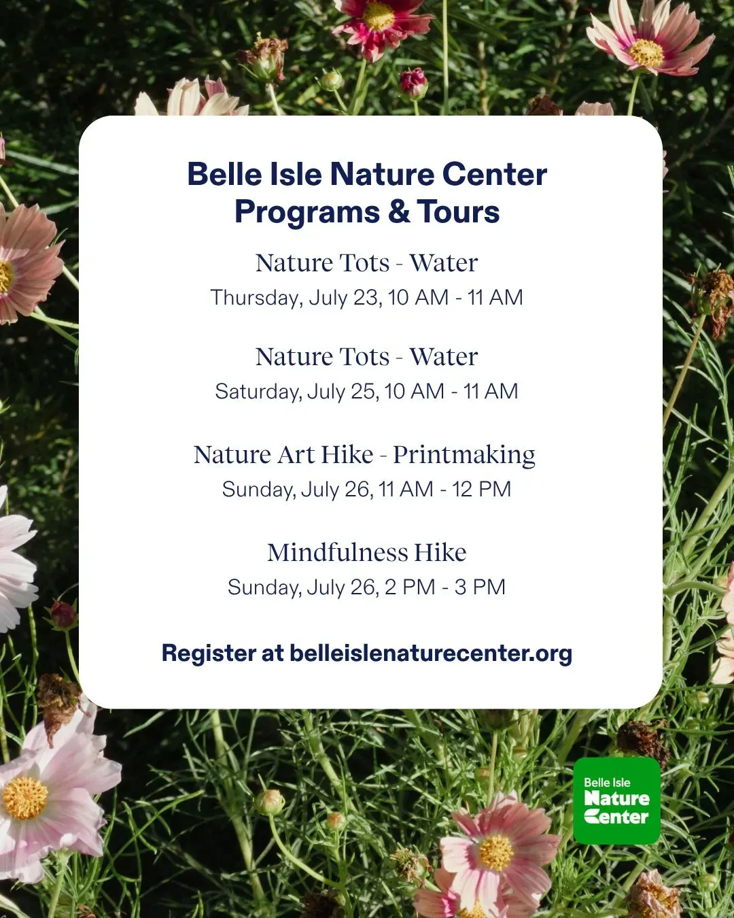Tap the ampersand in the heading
pyautogui.click(x=399, y=211)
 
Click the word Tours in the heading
pyautogui.click(x=458, y=211)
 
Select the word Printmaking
pyautogui.click(x=464, y=455)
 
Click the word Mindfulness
pyautogui.click(x=338, y=553)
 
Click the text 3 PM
pyautogui.click(x=480, y=588)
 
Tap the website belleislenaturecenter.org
pyautogui.click(x=431, y=653)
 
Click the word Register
pyautogui.click(x=209, y=653)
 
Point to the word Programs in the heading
pyautogui.click(x=307, y=212)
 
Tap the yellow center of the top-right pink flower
pyautogui.click(x=646, y=52)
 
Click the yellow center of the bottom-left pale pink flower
pyautogui.click(x=25, y=798)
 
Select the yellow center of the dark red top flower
pyautogui.click(x=378, y=16)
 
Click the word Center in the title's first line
pyautogui.click(x=494, y=175)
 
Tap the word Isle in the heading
pyautogui.click(x=296, y=175)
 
